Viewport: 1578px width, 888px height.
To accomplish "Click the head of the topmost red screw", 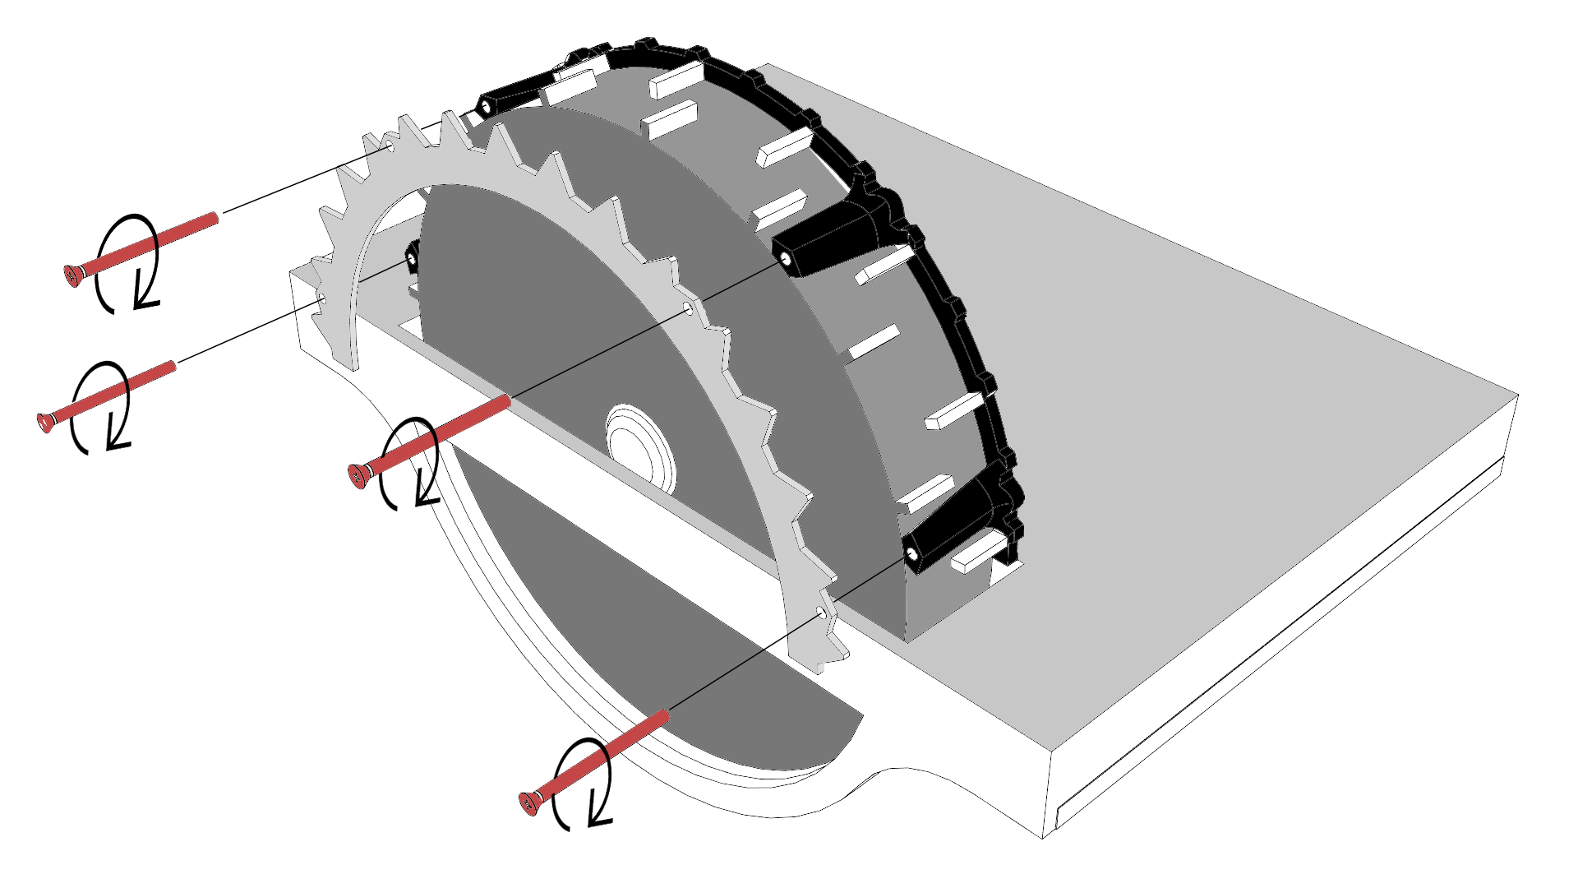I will click(73, 275).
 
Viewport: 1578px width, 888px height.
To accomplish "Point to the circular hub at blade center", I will click(639, 448).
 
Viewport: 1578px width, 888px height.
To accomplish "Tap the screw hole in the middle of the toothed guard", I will click(688, 309).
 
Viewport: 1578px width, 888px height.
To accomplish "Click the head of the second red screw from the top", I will click(46, 423).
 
